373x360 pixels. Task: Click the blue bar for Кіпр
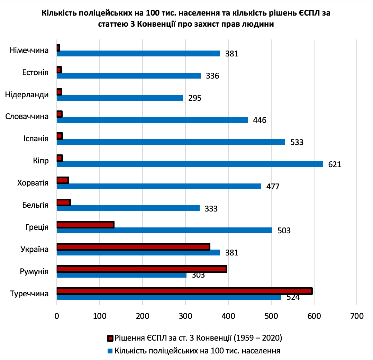(190, 164)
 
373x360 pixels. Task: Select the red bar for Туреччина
(185, 291)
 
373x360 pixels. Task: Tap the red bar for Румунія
(142, 269)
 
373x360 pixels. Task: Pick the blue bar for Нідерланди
(120, 98)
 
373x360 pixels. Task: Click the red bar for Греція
(85, 225)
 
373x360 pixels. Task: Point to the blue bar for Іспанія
(171, 142)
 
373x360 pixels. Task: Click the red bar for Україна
(133, 247)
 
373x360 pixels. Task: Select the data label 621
(335, 164)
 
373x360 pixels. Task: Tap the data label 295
(195, 98)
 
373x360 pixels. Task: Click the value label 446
(260, 120)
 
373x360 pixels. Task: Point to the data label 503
(284, 231)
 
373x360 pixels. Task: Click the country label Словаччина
(27, 117)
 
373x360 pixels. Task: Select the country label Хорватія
(33, 182)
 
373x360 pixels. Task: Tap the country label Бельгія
(35, 205)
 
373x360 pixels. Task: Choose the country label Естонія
(35, 72)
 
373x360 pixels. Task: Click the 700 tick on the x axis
(357, 316)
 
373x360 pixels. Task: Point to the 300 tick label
(185, 316)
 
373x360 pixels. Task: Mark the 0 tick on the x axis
(57, 316)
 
